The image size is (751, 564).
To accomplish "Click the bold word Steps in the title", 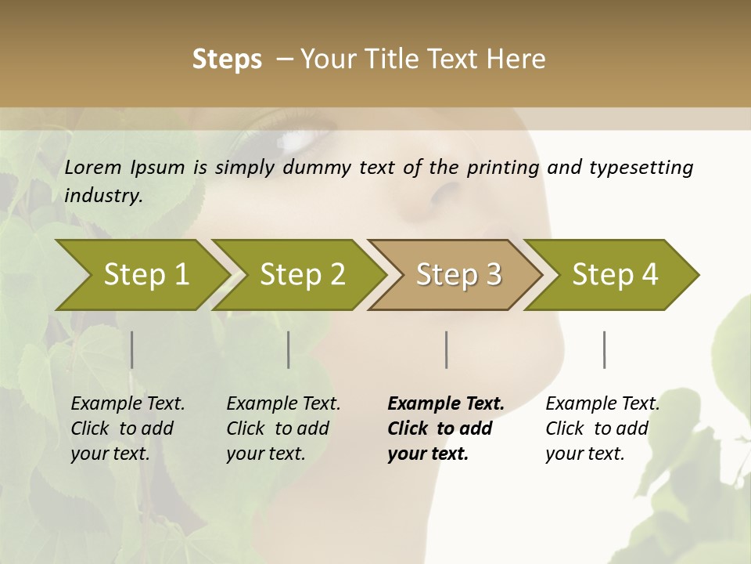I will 227,59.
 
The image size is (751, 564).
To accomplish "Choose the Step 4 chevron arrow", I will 615,274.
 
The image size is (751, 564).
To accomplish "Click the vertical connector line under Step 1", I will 132,349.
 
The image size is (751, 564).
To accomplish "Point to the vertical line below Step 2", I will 289,349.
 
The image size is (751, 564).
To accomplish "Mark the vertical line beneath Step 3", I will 447,349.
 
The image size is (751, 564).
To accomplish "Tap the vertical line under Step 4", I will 605,349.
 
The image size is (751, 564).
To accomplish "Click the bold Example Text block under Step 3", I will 446,428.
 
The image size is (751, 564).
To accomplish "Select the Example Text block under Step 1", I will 128,428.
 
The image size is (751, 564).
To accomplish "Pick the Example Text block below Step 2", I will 283,428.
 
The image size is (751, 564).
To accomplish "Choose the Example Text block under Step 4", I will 602,428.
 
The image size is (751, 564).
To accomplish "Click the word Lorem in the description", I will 93,167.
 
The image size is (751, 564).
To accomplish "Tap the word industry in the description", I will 103,195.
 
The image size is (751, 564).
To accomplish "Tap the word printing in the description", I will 501,167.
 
